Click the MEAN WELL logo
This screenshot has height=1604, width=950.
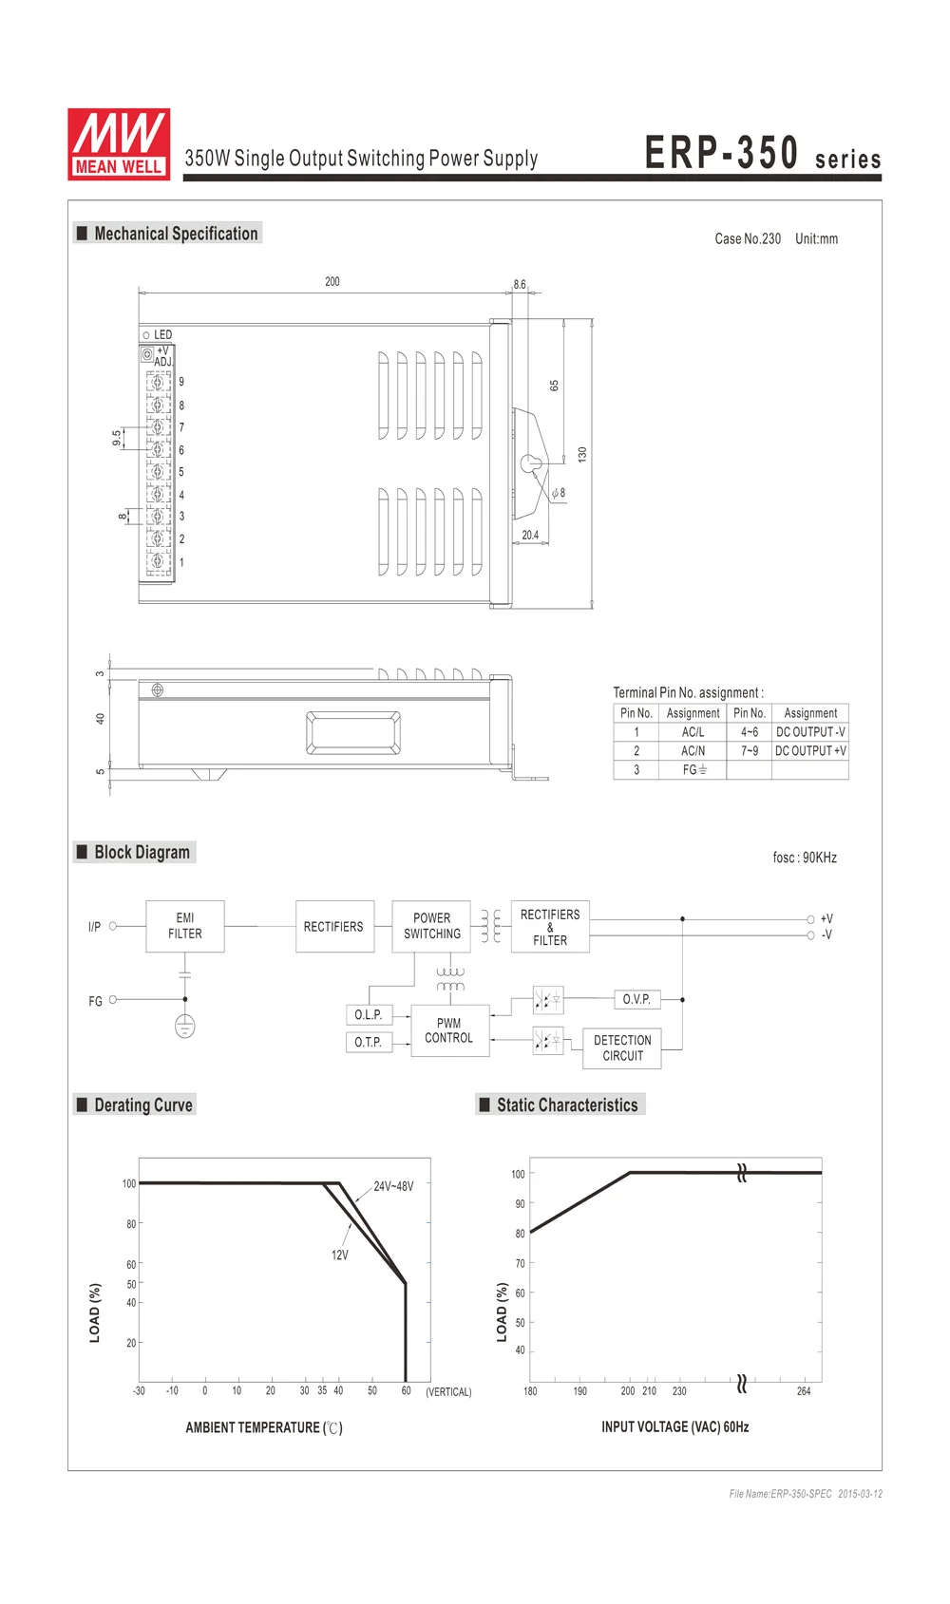[119, 143]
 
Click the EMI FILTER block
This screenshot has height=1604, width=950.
[185, 926]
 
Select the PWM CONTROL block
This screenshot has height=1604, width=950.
[448, 1030]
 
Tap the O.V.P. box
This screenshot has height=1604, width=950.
[636, 999]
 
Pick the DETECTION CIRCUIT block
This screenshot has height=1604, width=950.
[622, 1047]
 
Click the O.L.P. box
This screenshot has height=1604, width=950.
[368, 1015]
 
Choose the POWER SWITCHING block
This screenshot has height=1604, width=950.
[431, 926]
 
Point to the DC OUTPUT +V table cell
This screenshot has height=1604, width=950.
[810, 751]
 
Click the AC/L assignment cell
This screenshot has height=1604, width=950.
[693, 732]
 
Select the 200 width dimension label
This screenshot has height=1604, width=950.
[332, 282]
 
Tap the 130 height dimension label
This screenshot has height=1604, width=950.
[582, 455]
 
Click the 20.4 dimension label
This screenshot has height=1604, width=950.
[530, 536]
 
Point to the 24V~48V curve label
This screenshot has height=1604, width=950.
[393, 1186]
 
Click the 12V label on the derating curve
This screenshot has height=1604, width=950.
[339, 1255]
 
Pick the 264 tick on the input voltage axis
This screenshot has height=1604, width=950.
[804, 1391]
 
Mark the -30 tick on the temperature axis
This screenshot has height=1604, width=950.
[139, 1391]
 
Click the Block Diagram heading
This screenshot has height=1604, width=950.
[142, 852]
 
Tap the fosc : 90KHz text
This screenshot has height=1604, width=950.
[805, 858]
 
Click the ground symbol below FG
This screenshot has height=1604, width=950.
[185, 1026]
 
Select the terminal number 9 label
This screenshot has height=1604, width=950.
[181, 382]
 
